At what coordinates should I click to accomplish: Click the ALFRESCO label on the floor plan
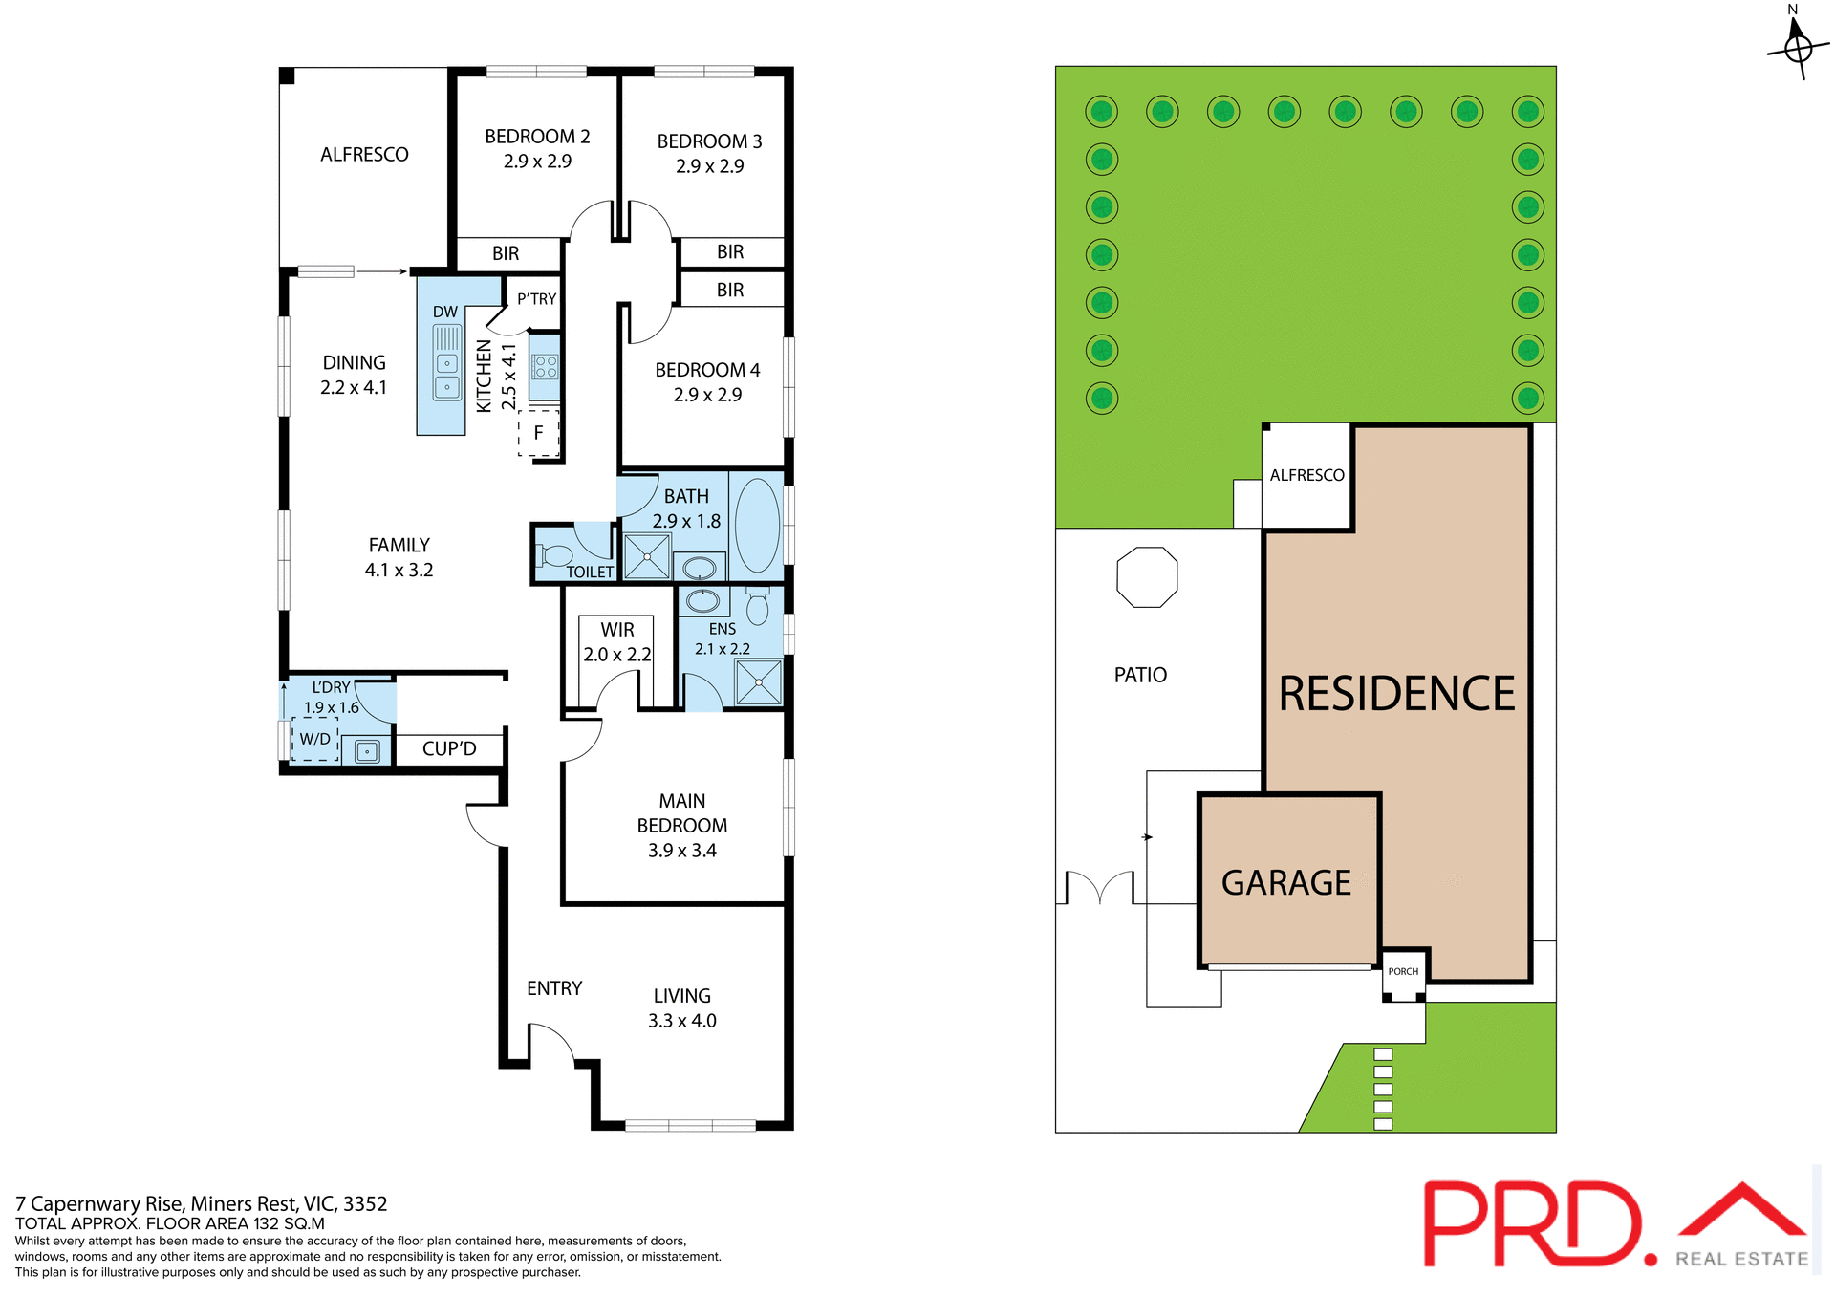(364, 155)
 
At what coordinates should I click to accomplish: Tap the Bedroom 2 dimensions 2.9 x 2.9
(537, 162)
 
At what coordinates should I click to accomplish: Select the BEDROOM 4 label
(707, 370)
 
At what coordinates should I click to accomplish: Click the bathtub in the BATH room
(757, 525)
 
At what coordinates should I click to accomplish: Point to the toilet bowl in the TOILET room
(555, 555)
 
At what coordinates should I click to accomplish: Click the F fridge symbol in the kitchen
(538, 433)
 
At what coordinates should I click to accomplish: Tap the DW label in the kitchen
(445, 312)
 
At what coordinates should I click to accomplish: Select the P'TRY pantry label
(536, 299)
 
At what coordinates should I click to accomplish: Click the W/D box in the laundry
(315, 739)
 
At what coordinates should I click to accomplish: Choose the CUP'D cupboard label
(449, 748)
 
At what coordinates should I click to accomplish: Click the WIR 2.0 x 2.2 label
(617, 641)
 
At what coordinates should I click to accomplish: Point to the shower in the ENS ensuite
(759, 682)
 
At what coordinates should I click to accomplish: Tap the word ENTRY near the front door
(554, 988)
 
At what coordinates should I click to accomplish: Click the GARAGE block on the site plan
(1286, 882)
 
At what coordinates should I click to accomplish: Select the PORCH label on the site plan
(1403, 971)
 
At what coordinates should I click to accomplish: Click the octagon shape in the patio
(1147, 577)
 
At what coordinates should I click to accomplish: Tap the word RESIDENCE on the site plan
(1396, 693)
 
